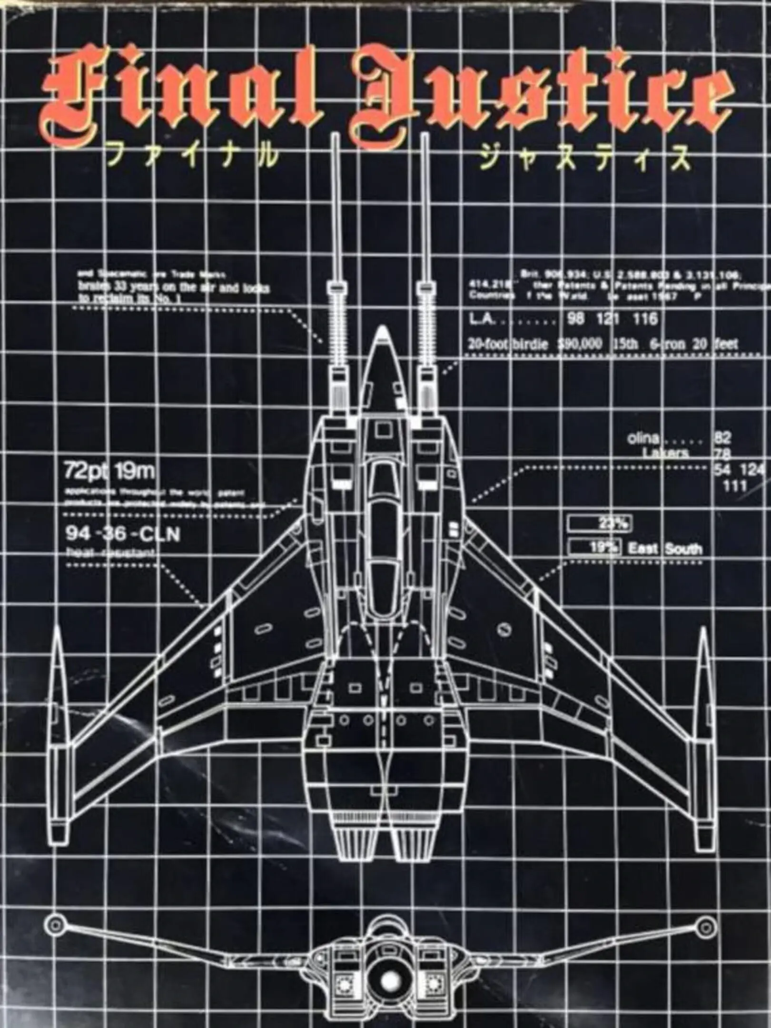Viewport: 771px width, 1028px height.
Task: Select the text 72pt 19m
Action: tap(109, 472)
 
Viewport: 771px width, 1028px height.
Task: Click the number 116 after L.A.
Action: tap(645, 318)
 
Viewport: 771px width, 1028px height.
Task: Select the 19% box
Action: tap(595, 547)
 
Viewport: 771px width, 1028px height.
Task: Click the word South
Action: tap(683, 549)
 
